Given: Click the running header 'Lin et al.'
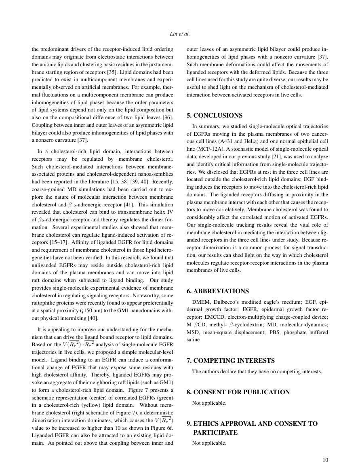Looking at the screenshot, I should point(180,34).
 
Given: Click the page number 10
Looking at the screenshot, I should point(326,459).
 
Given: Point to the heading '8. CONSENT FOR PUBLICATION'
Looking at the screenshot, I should point(238,392).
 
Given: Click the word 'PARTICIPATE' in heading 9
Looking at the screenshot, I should point(215,432).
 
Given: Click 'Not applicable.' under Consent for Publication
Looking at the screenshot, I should point(209,403).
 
